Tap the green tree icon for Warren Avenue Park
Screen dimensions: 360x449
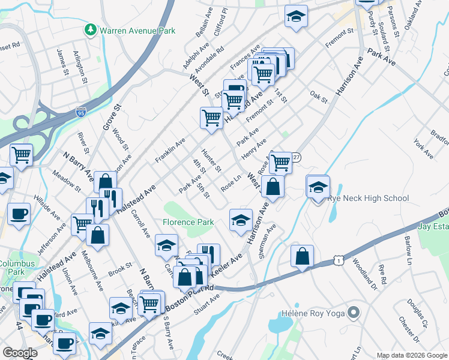pos(91,29)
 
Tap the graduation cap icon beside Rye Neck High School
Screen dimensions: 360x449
pos(318,187)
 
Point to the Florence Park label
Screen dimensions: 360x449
pos(188,222)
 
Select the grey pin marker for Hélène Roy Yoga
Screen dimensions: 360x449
pos(354,312)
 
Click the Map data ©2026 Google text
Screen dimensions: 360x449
pos(412,355)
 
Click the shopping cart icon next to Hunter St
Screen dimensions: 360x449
pos(211,118)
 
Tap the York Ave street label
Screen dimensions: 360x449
pos(423,148)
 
